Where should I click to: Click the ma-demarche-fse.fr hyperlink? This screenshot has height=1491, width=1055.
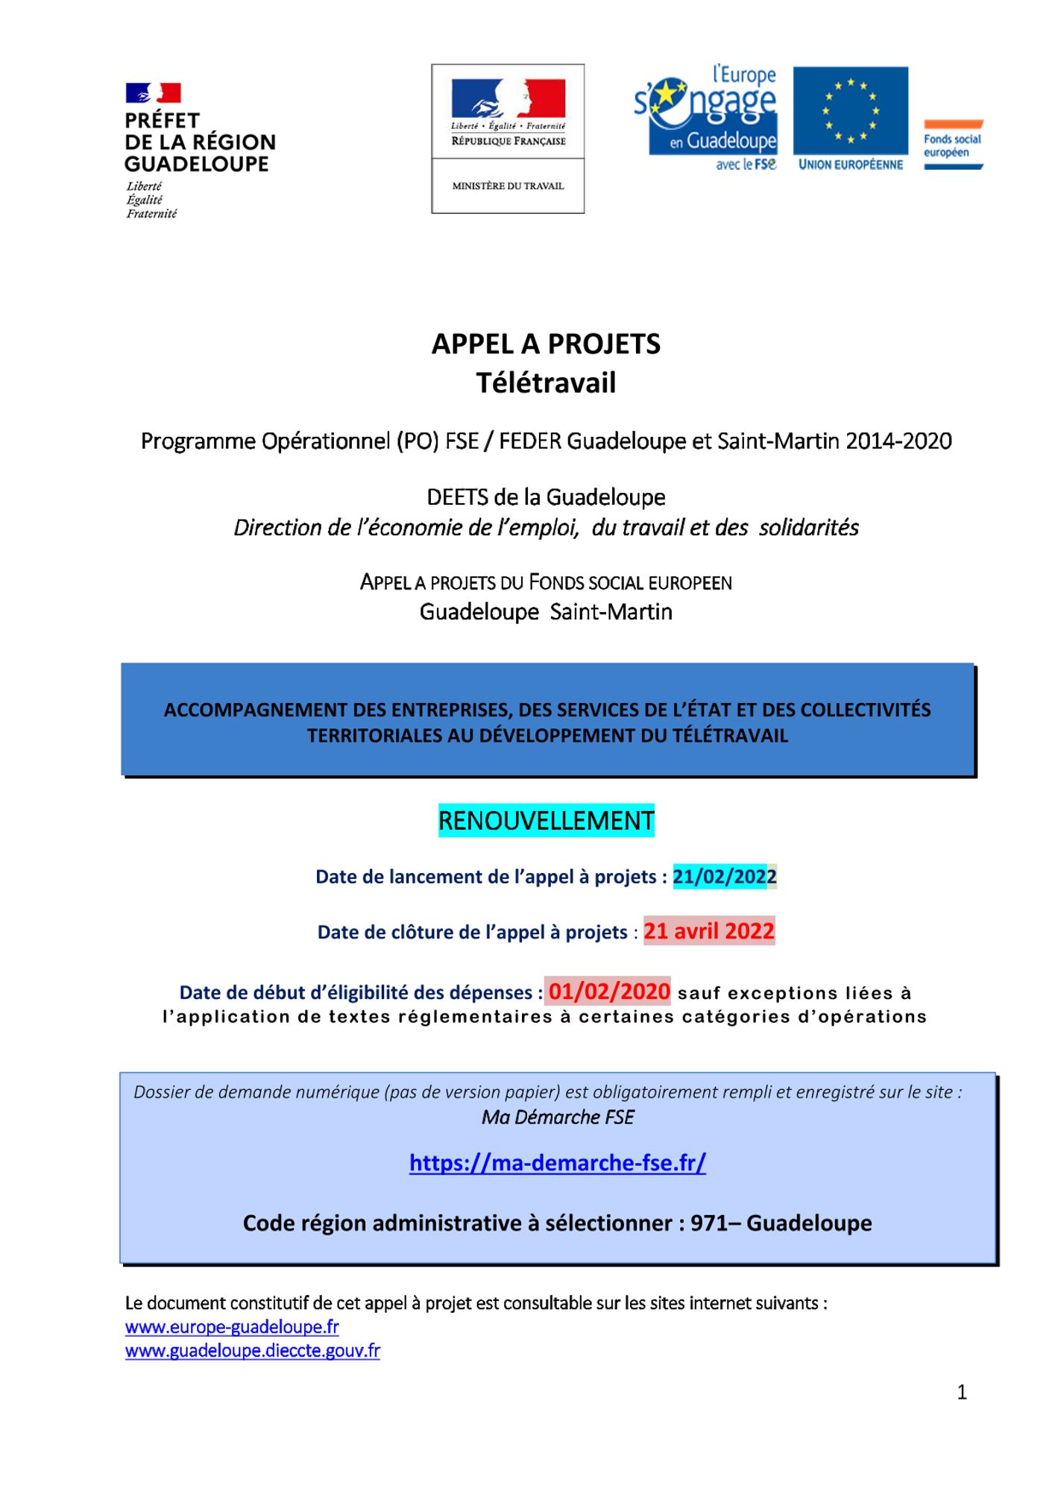pos(557,1162)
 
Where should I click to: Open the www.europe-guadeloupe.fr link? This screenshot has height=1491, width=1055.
pos(232,1327)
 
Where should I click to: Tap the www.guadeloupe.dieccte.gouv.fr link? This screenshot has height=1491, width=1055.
pos(252,1351)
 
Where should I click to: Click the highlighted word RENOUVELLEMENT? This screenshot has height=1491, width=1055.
pos(546,821)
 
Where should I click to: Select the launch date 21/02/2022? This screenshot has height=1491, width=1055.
pos(724,877)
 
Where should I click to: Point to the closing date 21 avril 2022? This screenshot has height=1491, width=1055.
pos(709,931)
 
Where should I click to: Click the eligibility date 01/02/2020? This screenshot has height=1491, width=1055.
pos(608,992)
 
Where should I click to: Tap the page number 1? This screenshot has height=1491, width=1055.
pos(962,1392)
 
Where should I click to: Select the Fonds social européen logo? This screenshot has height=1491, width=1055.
pos(953,145)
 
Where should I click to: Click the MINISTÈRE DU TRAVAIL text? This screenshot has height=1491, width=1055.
pos(508,186)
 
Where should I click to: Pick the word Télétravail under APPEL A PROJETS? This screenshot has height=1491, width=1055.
pos(546,383)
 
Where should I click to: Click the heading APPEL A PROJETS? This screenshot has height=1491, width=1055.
pos(546,344)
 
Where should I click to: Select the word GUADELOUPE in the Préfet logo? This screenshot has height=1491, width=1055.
pos(196,164)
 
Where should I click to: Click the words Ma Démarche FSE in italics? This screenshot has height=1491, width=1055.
pos(558,1117)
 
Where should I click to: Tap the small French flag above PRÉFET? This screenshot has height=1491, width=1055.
pos(153,93)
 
